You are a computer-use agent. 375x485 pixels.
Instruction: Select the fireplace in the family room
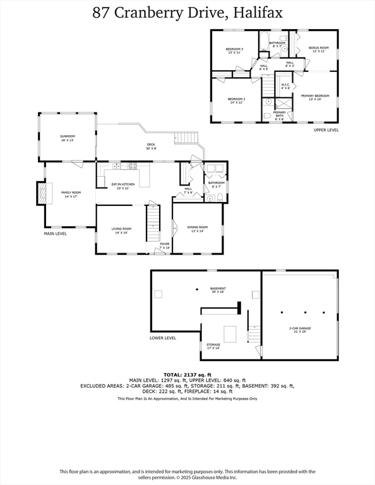(x=42, y=193)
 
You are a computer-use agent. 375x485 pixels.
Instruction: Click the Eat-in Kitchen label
(x=120, y=186)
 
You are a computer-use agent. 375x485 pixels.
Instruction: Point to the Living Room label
(x=122, y=231)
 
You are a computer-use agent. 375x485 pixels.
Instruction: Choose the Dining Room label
(x=198, y=229)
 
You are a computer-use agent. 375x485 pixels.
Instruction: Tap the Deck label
(x=151, y=146)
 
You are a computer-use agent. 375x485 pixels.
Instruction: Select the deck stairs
(x=186, y=138)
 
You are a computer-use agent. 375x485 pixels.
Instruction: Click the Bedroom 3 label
(x=235, y=51)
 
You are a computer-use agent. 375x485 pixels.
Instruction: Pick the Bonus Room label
(x=319, y=49)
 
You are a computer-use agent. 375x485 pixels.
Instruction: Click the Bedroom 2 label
(x=235, y=100)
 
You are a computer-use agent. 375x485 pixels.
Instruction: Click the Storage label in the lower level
(x=213, y=346)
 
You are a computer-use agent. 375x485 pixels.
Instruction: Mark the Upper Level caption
(x=326, y=129)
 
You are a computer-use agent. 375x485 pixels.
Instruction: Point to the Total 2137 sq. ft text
(x=187, y=374)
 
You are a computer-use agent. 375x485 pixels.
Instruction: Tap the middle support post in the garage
(x=306, y=312)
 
